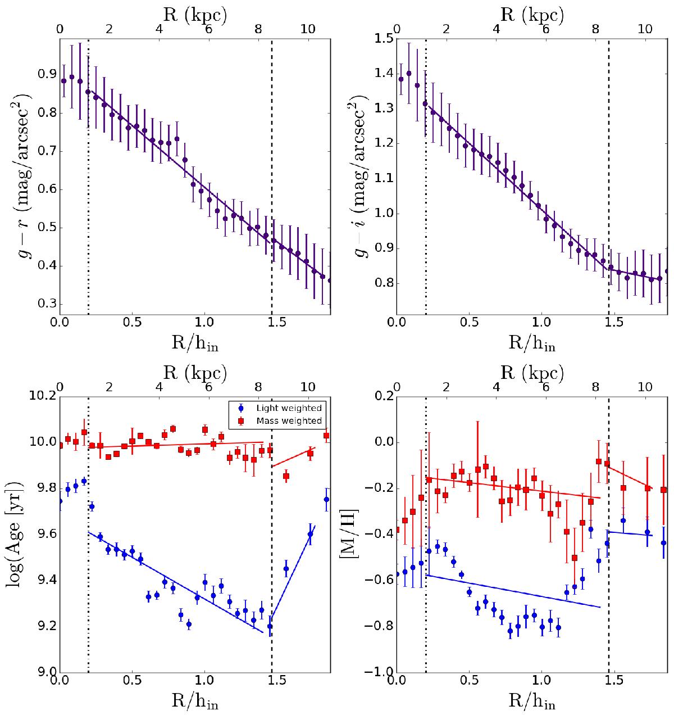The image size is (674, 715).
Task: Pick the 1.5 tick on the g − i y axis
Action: pyautogui.click(x=384, y=39)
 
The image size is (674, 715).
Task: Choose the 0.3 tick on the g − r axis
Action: pyautogui.click(x=45, y=304)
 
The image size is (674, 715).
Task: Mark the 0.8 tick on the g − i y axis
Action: pyautogui.click(x=384, y=284)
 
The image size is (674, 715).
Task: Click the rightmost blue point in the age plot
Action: pyautogui.click(x=326, y=499)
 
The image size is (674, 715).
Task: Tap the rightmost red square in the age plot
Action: pyautogui.click(x=326, y=436)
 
